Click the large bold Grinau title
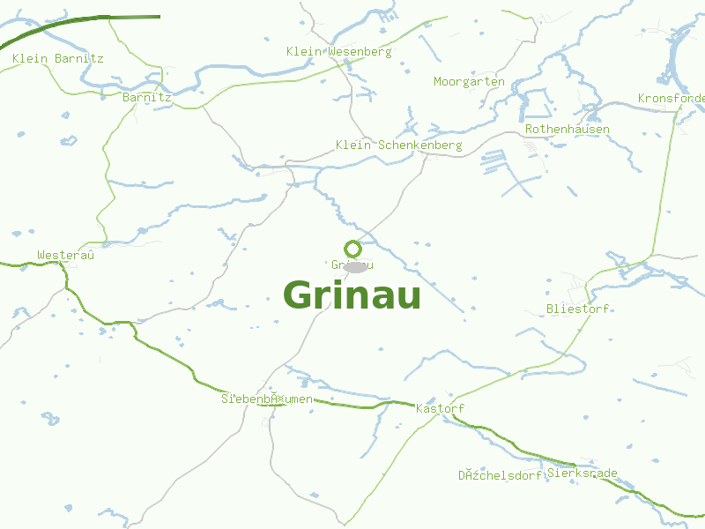click(x=352, y=295)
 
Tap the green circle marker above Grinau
click(x=352, y=249)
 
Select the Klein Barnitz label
click(x=58, y=59)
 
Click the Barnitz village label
click(x=147, y=98)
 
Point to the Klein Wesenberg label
click(x=338, y=52)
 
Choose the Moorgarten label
click(x=469, y=82)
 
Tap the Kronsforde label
click(x=671, y=98)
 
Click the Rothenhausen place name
click(x=567, y=130)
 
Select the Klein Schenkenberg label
click(x=398, y=145)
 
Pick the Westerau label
click(x=65, y=256)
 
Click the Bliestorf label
click(x=577, y=309)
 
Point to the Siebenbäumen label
click(x=266, y=399)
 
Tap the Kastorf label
click(x=439, y=409)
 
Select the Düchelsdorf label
click(x=499, y=476)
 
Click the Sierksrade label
click(x=582, y=473)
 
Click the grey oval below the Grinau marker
click(x=355, y=267)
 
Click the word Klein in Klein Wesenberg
click(x=304, y=52)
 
